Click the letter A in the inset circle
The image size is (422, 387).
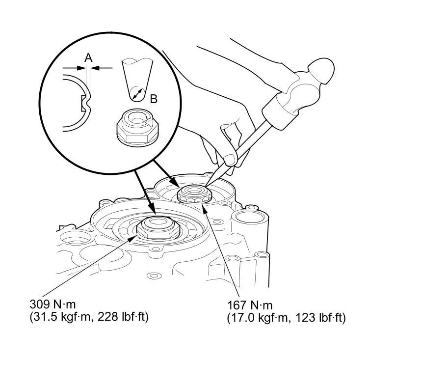point(88,57)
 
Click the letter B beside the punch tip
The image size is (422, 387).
point(154,99)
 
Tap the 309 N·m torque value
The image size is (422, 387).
point(53,304)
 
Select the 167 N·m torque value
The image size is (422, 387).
point(250,305)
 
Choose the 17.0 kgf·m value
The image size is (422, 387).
point(260,318)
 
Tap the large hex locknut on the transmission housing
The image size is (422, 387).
point(158,227)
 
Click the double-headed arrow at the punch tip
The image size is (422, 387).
point(137,94)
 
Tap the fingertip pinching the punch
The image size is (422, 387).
point(230,160)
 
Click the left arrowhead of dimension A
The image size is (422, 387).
point(81,68)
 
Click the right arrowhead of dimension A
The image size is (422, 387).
point(95,68)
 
